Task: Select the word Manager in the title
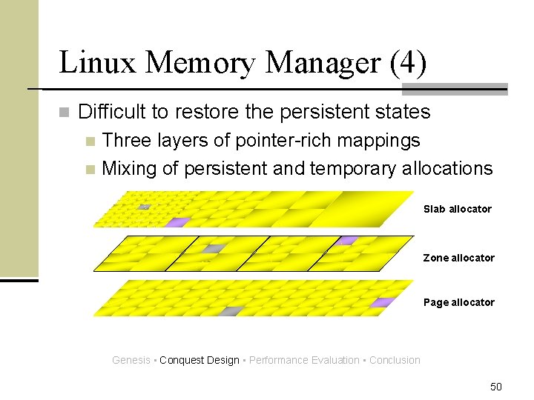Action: [321, 62]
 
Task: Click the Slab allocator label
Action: [457, 209]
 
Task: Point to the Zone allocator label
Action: [458, 258]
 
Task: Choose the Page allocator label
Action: [458, 302]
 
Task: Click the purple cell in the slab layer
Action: [177, 221]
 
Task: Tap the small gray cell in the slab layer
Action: [145, 207]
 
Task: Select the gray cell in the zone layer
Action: [215, 249]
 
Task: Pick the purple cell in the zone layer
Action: [346, 241]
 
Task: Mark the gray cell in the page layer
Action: [234, 310]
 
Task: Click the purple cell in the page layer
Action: [382, 302]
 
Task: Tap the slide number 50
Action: [496, 387]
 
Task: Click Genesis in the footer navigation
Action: [131, 360]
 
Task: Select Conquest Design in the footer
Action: [199, 360]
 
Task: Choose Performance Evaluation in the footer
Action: [304, 360]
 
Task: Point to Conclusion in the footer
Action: [395, 360]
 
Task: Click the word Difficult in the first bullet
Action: [112, 112]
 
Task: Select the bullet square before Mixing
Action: [90, 169]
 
